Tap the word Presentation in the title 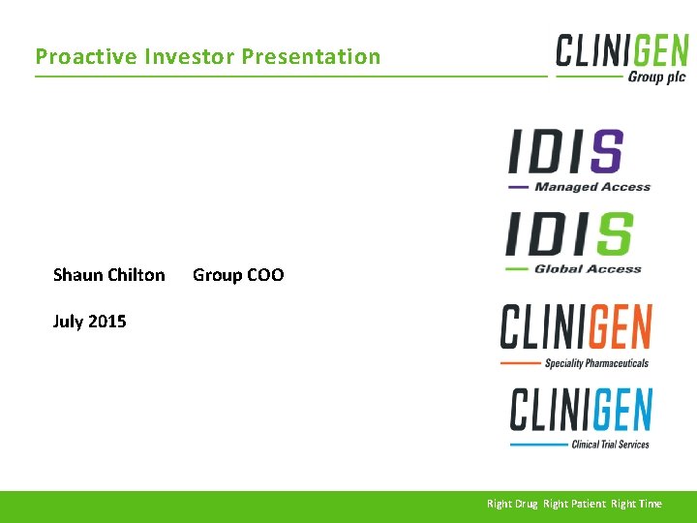pos(311,56)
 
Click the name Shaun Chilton pos(108,275)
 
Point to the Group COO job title pos(238,275)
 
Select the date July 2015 pos(89,322)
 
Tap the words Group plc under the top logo pos(656,77)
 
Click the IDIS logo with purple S pos(566,152)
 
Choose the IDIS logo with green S pos(568,235)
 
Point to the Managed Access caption pos(592,187)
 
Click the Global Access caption pos(588,269)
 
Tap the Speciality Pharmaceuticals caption pos(596,363)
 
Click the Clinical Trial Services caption pos(610,445)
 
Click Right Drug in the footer pos(512,504)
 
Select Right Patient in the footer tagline pos(574,504)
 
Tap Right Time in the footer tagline pos(637,504)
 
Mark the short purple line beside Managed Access pos(518,187)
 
